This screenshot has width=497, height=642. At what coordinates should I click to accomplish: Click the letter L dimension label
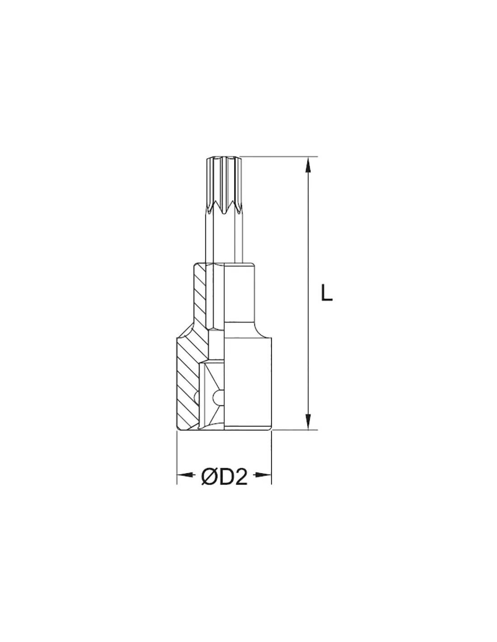tap(326, 293)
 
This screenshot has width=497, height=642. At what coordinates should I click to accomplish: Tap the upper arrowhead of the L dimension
tap(308, 165)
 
